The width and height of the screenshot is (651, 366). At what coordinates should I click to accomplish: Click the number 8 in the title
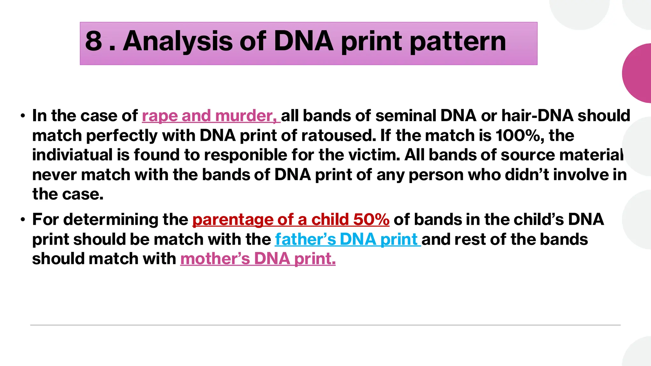click(93, 41)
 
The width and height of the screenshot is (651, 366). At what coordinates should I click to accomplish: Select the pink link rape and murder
click(211, 116)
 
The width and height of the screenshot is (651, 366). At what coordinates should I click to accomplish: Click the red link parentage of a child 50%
click(291, 220)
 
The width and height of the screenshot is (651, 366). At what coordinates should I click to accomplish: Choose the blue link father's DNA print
click(347, 240)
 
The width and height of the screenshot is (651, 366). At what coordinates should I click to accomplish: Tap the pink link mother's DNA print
click(258, 259)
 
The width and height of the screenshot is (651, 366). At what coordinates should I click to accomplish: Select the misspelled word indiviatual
click(72, 155)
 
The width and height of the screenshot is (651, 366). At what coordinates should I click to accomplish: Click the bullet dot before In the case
click(23, 116)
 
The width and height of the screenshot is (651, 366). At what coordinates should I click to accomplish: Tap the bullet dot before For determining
click(23, 220)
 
